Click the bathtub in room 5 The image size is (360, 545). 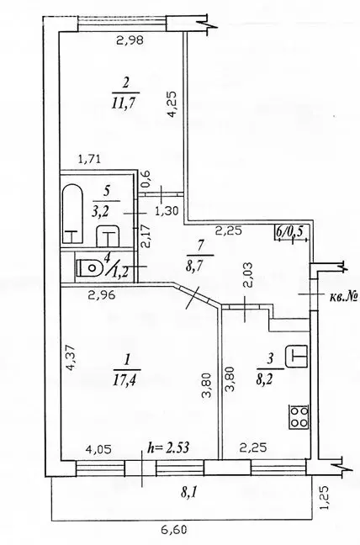pos(72,215)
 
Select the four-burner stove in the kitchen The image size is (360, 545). pos(299,416)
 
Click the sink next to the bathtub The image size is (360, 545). pos(108,236)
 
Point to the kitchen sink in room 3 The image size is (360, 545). pos(296,356)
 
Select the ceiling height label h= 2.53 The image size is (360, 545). pos(168,447)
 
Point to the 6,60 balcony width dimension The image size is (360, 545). pos(174,530)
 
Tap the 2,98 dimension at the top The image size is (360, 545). pos(130,40)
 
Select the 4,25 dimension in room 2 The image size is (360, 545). pos(172,104)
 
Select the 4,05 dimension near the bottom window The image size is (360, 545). pos(100,450)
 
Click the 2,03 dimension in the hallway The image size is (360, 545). pos(248,275)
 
